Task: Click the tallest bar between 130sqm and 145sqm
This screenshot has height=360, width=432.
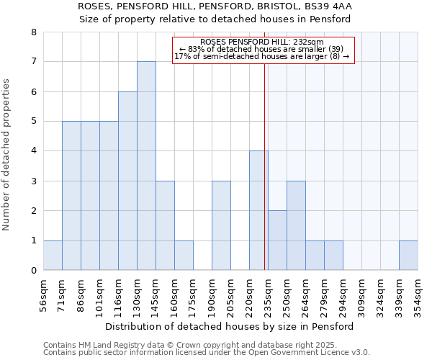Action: click(x=146, y=166)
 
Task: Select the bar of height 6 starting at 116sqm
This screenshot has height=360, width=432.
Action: click(x=127, y=181)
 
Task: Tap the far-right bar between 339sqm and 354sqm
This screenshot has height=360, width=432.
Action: click(x=408, y=256)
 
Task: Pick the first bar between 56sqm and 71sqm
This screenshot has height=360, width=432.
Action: click(x=53, y=256)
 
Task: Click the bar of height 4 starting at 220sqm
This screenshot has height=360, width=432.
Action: click(x=258, y=210)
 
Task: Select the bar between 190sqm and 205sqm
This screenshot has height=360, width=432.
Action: click(x=221, y=225)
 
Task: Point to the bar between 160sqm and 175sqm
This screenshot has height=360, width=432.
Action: click(x=184, y=256)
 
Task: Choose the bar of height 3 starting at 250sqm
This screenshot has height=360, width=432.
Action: click(x=296, y=225)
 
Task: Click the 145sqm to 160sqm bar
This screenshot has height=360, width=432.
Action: click(x=165, y=225)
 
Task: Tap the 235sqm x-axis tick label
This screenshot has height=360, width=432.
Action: click(x=268, y=294)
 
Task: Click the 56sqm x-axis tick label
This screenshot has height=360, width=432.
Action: click(x=43, y=294)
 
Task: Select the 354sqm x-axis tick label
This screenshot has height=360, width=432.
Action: click(x=418, y=294)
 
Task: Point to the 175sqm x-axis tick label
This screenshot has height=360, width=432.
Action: click(x=193, y=294)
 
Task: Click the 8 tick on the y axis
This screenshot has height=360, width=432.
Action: click(x=33, y=32)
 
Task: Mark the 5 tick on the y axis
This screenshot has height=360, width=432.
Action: click(x=33, y=121)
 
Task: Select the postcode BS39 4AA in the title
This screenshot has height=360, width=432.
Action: click(x=328, y=6)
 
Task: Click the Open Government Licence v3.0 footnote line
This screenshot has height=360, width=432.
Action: click(x=207, y=353)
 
